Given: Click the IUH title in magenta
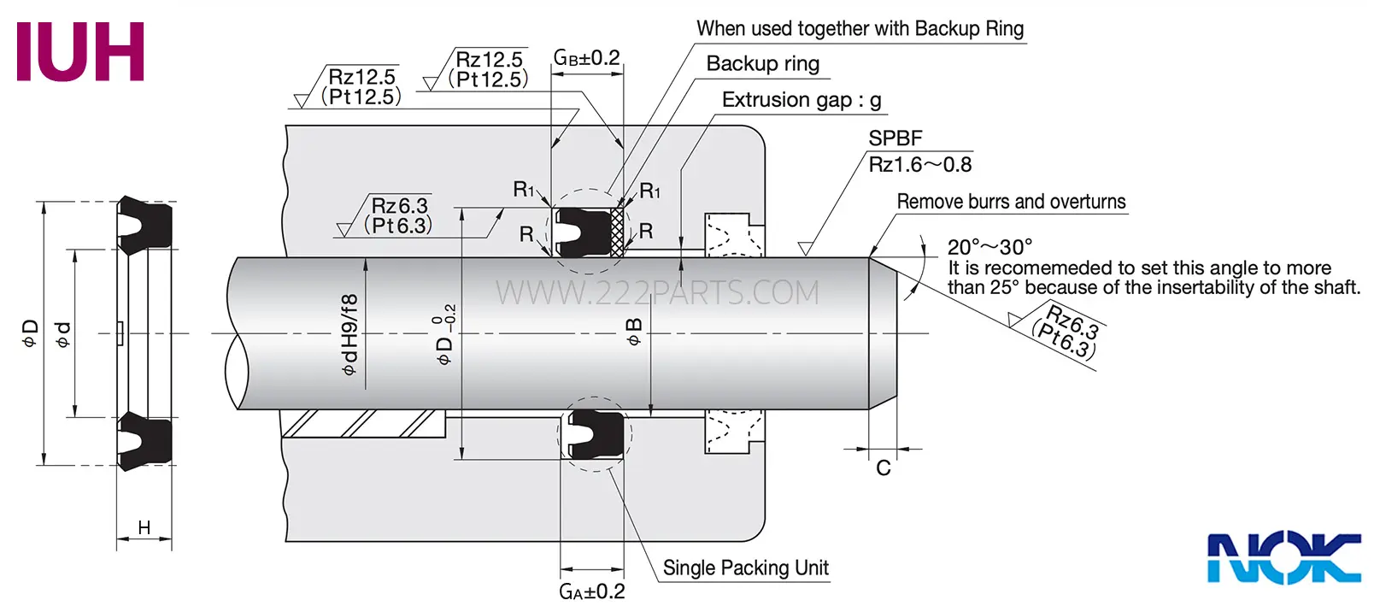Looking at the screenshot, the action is [80, 52].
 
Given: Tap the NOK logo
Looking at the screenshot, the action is [1284, 558].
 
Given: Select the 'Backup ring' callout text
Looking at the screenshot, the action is [763, 63].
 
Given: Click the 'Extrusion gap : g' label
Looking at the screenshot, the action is [802, 100].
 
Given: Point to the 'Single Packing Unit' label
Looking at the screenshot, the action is [745, 568].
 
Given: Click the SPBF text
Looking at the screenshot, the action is [896, 138].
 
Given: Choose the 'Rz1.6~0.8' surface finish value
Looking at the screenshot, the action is [919, 165].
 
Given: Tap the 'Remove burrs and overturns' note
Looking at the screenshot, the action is [1011, 202].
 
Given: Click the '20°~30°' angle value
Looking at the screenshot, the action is [989, 247].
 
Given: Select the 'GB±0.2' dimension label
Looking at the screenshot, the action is [586, 57].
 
